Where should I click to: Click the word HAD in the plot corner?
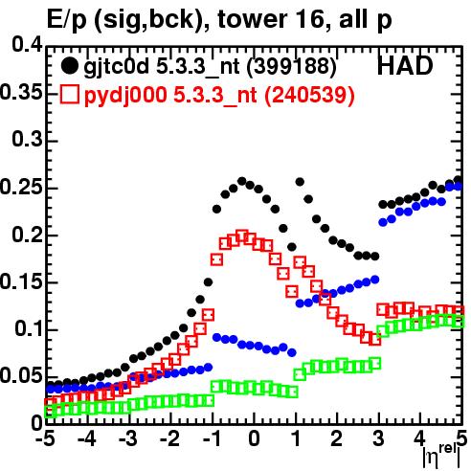(x=405, y=66)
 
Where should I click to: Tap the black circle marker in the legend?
(x=69, y=66)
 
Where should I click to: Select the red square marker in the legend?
(x=69, y=95)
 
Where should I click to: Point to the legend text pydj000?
(x=125, y=96)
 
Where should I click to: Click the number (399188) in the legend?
(x=292, y=67)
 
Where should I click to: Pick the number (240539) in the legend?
(x=309, y=95)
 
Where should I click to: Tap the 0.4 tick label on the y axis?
(x=28, y=45)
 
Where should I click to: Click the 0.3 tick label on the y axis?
(x=28, y=139)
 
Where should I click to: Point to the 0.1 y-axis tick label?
(x=28, y=328)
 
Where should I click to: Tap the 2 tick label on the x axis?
(x=336, y=438)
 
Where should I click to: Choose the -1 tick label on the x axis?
(x=212, y=438)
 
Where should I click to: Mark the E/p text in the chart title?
(x=67, y=20)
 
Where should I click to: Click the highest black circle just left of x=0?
(x=242, y=181)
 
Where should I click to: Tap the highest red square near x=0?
(x=242, y=236)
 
